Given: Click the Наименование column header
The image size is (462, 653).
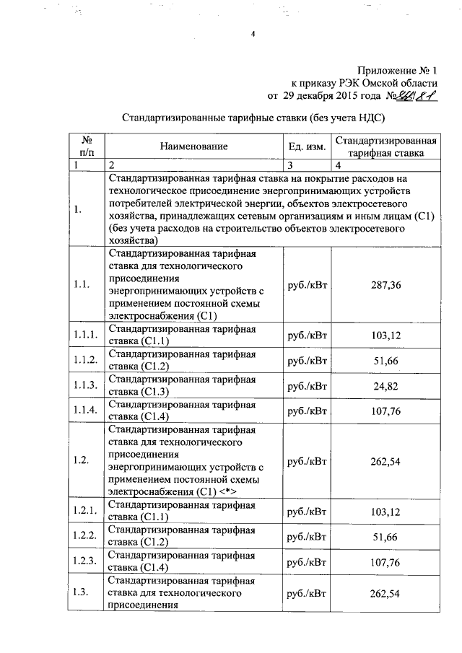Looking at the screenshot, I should coord(194,146).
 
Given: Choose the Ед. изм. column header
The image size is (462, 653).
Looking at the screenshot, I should coord(307,146).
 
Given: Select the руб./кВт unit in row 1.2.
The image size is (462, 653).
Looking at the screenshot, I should coord(307,462).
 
